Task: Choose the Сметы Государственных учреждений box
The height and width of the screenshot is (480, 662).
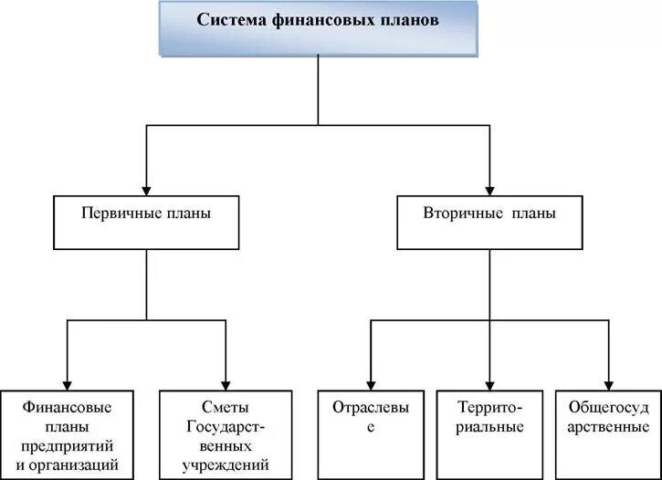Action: coord(226,434)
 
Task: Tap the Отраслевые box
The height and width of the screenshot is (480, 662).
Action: coord(369,434)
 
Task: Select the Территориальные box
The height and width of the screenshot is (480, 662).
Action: coord(489,434)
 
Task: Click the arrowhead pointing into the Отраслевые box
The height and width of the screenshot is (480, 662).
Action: coord(369,383)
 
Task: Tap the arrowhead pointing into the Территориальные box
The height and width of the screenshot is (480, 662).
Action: coord(489,383)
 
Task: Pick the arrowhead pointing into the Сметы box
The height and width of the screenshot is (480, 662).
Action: coord(226,383)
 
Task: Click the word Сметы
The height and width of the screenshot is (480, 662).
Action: coord(226,407)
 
